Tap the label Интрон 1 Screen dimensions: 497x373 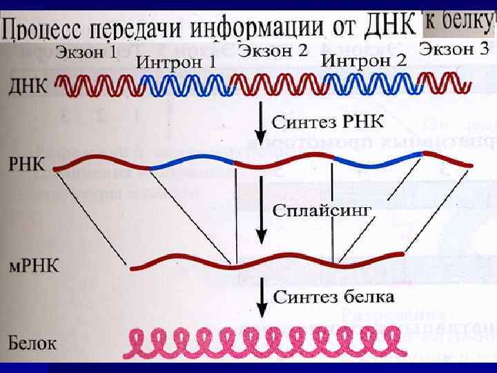click(x=176, y=62)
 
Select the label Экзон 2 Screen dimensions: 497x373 click(x=273, y=50)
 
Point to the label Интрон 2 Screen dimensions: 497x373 click(x=364, y=61)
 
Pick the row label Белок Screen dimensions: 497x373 click(x=32, y=342)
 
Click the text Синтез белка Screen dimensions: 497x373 click(x=335, y=297)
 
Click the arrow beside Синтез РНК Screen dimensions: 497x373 click(x=260, y=122)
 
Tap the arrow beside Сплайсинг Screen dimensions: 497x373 click(x=261, y=211)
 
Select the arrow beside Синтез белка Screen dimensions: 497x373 click(x=261, y=297)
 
